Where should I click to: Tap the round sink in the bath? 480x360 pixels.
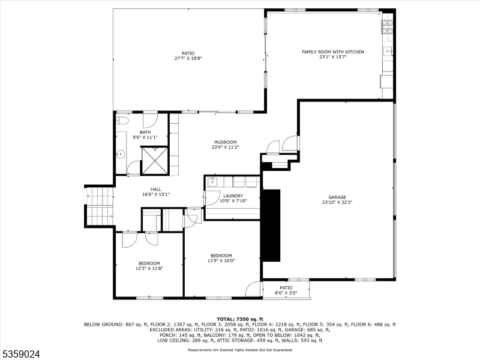click(121, 154)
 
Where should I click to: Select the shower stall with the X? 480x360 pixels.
click(154, 160)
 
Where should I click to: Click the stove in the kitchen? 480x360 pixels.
click(387, 26)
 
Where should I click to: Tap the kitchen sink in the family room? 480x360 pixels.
click(388, 51)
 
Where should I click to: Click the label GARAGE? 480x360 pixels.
click(337, 197)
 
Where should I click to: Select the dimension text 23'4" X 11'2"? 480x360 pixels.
click(225, 147)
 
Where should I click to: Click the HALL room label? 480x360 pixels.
click(155, 189)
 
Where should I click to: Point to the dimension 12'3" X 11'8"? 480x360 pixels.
click(149, 268)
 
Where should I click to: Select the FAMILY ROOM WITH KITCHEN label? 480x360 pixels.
click(332, 52)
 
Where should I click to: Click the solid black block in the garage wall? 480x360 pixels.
click(271, 225)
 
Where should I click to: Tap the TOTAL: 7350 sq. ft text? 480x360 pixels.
click(239, 319)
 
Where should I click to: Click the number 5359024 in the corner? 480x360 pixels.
click(21, 354)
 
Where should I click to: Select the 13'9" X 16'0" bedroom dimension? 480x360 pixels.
click(221, 260)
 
